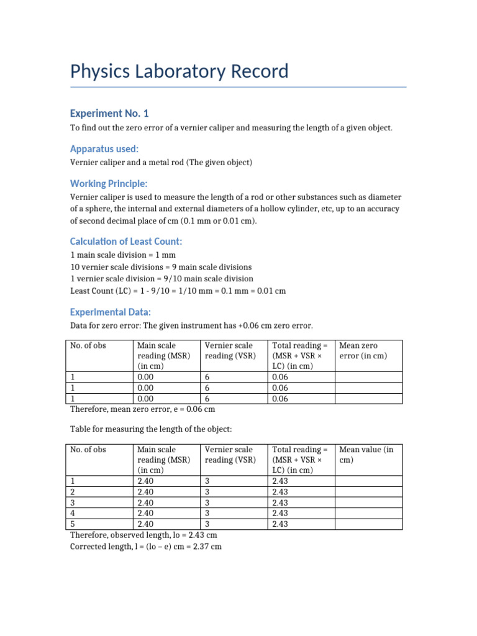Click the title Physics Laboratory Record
coord(179,71)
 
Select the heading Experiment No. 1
coord(109,113)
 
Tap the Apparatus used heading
coord(104,149)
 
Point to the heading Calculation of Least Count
coord(126,242)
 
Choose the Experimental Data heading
coord(110,312)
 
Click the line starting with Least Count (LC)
coord(178,291)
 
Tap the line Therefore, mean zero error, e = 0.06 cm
coord(143,409)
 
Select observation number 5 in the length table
coord(73,524)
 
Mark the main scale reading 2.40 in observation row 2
coord(147,491)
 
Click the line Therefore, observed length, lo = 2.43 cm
coord(143,535)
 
